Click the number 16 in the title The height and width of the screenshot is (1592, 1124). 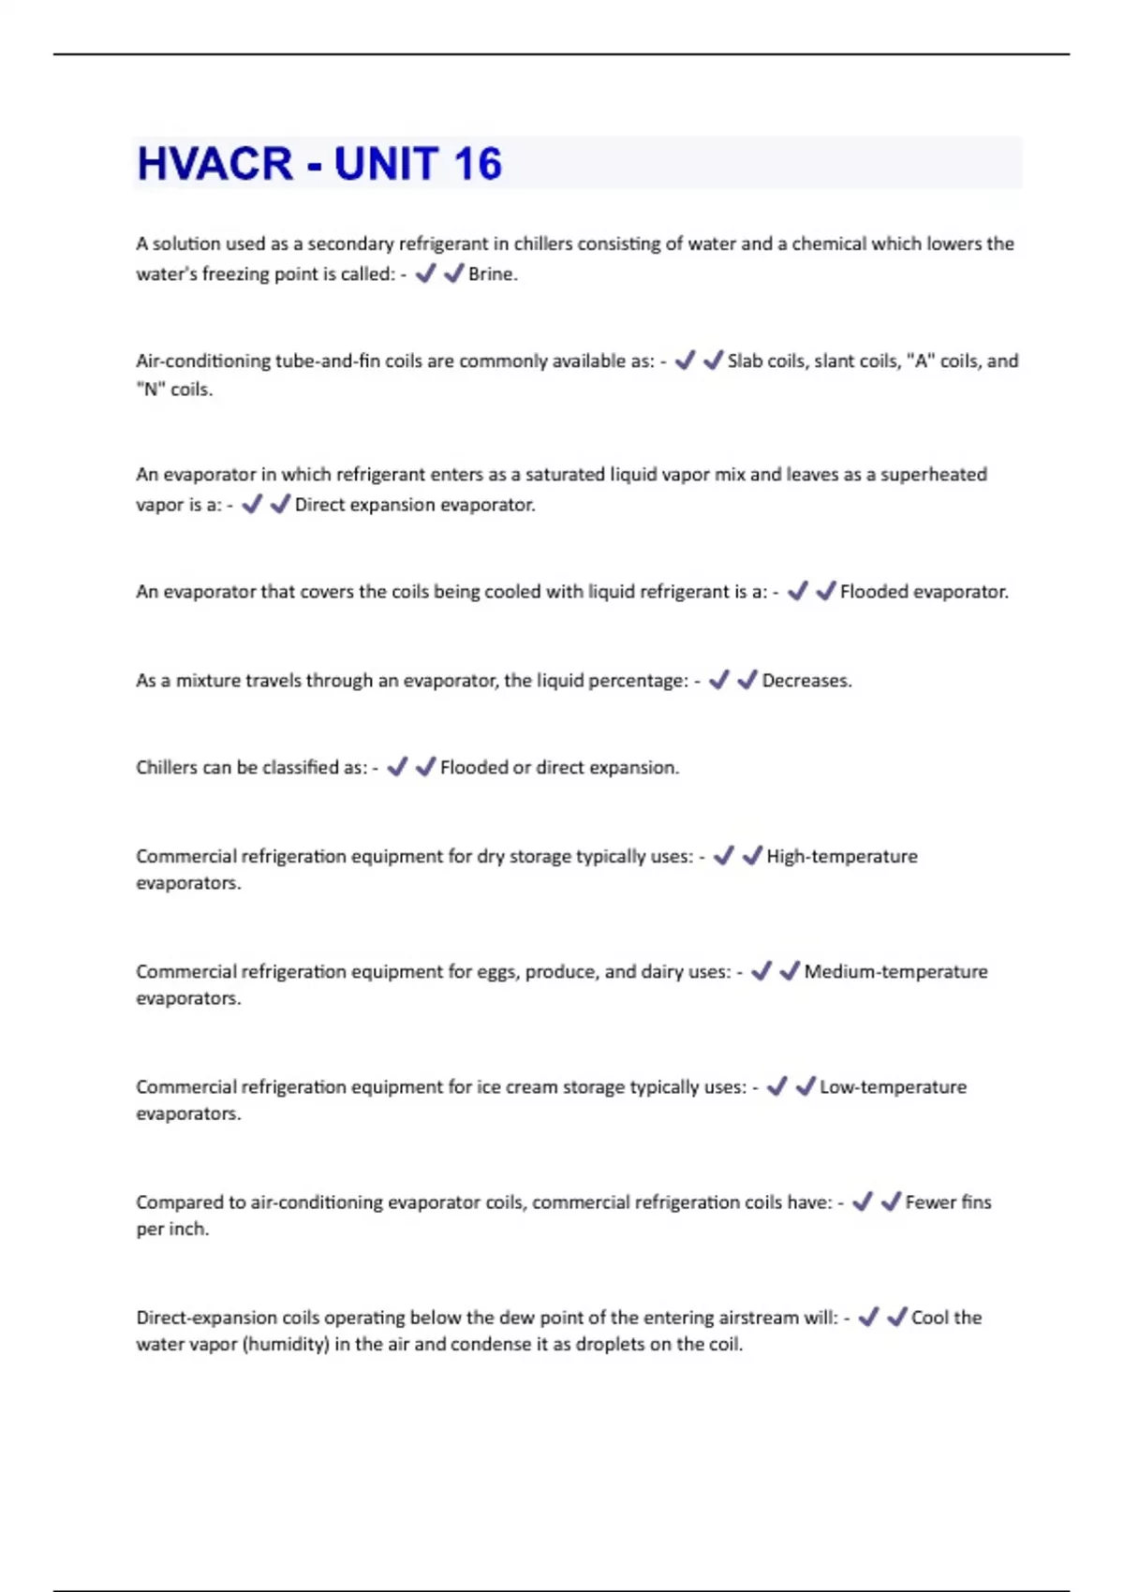[x=478, y=164]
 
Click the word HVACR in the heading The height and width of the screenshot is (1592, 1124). [x=215, y=164]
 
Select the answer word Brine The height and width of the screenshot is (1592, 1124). [x=492, y=274]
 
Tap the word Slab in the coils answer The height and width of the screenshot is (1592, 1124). [x=747, y=361]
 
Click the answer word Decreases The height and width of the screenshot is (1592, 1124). [x=806, y=681]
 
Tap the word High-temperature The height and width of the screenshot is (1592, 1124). [x=842, y=857]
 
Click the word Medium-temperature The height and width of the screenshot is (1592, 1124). [x=895, y=972]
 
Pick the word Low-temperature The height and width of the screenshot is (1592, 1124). [x=893, y=1087]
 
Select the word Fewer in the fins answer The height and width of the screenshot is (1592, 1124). [x=930, y=1202]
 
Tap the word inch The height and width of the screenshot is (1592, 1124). [x=190, y=1230]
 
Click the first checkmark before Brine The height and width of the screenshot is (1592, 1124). [x=425, y=273]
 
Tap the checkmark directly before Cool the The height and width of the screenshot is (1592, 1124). [x=896, y=1318]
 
